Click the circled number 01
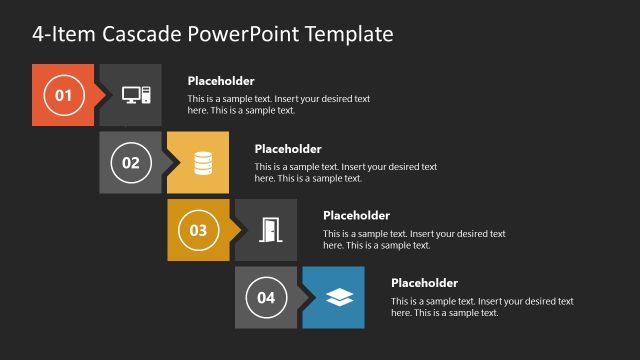(63, 96)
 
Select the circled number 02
(130, 163)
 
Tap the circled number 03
(198, 230)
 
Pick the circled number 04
(265, 297)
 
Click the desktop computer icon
(136, 96)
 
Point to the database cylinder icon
(203, 163)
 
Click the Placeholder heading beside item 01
(221, 81)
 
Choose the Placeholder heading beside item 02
(288, 149)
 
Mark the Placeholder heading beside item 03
(356, 215)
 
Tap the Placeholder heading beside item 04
(424, 283)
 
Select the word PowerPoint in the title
(250, 34)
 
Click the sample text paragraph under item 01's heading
(279, 105)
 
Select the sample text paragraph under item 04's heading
(482, 307)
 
